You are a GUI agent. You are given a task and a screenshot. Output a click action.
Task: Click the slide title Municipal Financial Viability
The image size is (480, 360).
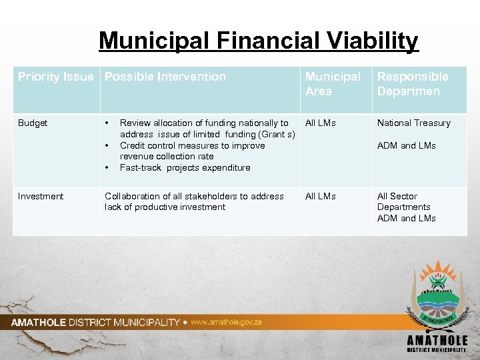(258, 41)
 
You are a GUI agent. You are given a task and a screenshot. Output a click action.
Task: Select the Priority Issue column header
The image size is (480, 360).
(55, 77)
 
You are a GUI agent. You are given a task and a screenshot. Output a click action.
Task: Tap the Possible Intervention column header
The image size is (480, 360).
(165, 77)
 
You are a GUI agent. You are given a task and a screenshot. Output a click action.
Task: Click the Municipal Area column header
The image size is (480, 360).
(333, 84)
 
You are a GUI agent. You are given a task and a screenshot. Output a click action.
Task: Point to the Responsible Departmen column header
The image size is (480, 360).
(413, 84)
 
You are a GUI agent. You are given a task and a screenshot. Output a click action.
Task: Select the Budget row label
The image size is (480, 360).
(33, 123)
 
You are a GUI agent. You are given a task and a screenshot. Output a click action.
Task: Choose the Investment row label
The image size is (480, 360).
(41, 196)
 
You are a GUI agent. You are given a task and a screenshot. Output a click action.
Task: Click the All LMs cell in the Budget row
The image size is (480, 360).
(321, 123)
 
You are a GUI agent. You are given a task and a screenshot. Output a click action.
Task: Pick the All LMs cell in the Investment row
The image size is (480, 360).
(321, 196)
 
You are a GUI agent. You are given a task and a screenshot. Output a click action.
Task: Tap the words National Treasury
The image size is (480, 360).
(413, 123)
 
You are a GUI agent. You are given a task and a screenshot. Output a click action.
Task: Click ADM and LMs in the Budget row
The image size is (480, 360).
(406, 145)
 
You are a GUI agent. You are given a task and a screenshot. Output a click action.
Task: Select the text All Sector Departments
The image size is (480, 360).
(403, 201)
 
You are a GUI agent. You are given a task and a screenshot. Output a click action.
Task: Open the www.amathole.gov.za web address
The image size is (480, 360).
(226, 322)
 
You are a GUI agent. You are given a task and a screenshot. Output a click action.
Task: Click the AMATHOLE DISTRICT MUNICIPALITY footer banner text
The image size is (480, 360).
(95, 323)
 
